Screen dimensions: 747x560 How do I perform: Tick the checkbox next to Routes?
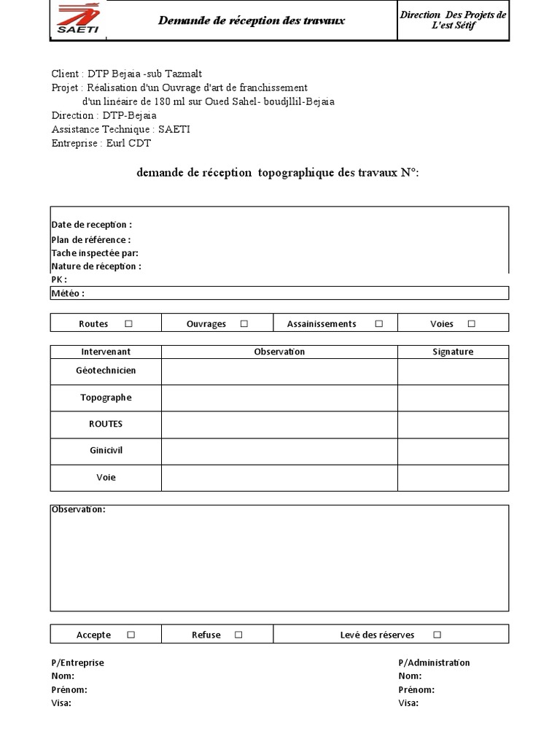tap(128, 323)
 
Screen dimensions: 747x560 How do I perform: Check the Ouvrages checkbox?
tap(244, 323)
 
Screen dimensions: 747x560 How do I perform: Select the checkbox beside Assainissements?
tap(378, 323)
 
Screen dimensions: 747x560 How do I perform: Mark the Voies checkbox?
tap(471, 323)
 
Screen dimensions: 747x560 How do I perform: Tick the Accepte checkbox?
tap(131, 635)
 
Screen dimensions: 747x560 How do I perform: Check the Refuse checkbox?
tap(238, 635)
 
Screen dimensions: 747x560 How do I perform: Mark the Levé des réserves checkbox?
tap(437, 635)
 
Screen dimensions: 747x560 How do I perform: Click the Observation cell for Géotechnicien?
tap(279, 371)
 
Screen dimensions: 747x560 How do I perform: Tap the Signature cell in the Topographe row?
tap(453, 398)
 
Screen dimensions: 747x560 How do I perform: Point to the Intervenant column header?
tap(106, 352)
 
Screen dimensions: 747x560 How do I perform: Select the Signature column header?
tap(453, 352)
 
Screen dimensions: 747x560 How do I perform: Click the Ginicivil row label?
tap(106, 451)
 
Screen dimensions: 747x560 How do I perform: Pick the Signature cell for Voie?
tap(453, 478)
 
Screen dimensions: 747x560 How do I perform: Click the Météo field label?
tap(68, 293)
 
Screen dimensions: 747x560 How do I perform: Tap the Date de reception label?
tap(91, 225)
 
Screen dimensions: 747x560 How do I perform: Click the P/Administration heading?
tap(434, 663)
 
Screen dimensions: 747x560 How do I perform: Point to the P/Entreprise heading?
tap(77, 663)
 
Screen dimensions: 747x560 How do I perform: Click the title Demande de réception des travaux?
tap(252, 20)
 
